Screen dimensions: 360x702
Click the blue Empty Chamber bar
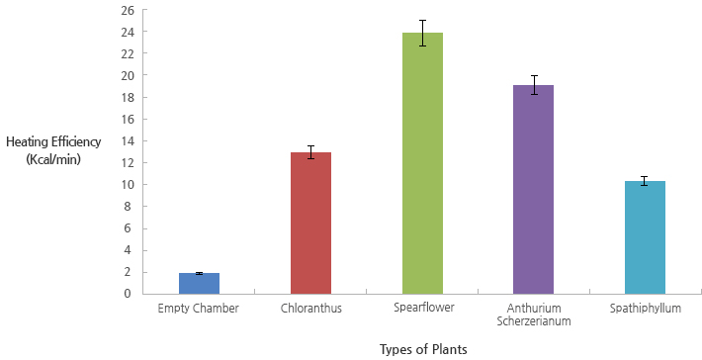[x=199, y=284]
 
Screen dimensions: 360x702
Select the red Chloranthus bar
[x=310, y=224]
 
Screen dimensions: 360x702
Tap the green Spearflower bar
[x=422, y=163]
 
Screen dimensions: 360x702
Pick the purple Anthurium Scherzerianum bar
[x=533, y=190]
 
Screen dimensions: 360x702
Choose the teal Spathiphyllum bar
[x=645, y=237]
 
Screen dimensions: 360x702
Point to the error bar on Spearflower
[x=422, y=33]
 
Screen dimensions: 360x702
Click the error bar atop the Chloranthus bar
[x=310, y=152]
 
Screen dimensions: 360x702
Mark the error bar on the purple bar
[x=533, y=85]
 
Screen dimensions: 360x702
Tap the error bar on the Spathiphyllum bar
[x=645, y=181]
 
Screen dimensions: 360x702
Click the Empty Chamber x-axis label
[x=199, y=309]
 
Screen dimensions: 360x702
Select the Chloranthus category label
[x=310, y=309]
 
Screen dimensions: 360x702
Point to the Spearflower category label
[x=422, y=309]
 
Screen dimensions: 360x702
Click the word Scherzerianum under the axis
[x=533, y=321]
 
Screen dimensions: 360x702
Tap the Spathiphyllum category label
[x=645, y=309]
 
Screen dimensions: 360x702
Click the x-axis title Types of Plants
[x=422, y=349]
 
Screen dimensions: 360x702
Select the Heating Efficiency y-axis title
[x=53, y=142]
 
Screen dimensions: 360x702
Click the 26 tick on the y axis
[x=127, y=10]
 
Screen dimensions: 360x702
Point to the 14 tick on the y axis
[x=127, y=140]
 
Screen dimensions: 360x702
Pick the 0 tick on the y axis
[x=130, y=294]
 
